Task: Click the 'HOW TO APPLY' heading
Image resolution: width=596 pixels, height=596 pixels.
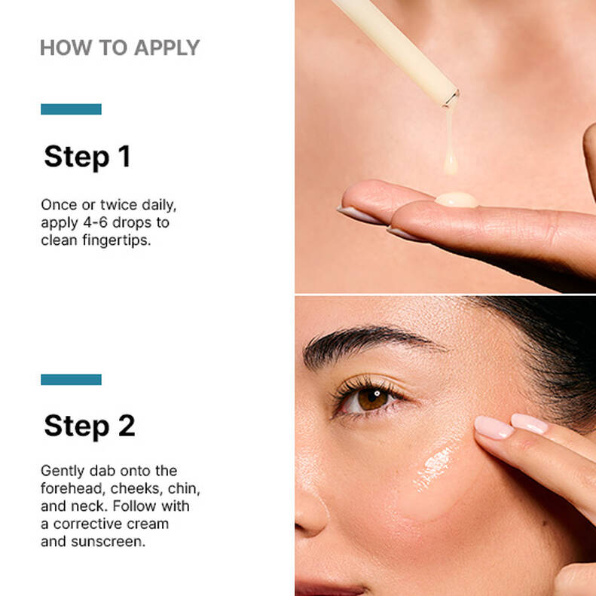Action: point(119,47)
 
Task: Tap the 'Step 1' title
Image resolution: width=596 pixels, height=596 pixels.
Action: point(87,157)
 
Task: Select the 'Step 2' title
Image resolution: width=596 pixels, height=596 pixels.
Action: point(90,426)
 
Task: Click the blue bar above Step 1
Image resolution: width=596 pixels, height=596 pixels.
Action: point(71,109)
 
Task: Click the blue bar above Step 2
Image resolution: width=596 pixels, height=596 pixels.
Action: point(71,379)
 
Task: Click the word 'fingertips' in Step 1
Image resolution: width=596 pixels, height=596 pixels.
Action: point(113,240)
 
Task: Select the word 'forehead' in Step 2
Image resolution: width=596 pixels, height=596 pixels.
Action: point(72,488)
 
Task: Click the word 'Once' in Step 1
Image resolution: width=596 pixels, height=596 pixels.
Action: point(57,205)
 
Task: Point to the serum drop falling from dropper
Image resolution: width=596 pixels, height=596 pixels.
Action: point(451,162)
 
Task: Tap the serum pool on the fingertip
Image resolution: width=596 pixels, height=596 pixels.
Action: point(457,200)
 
